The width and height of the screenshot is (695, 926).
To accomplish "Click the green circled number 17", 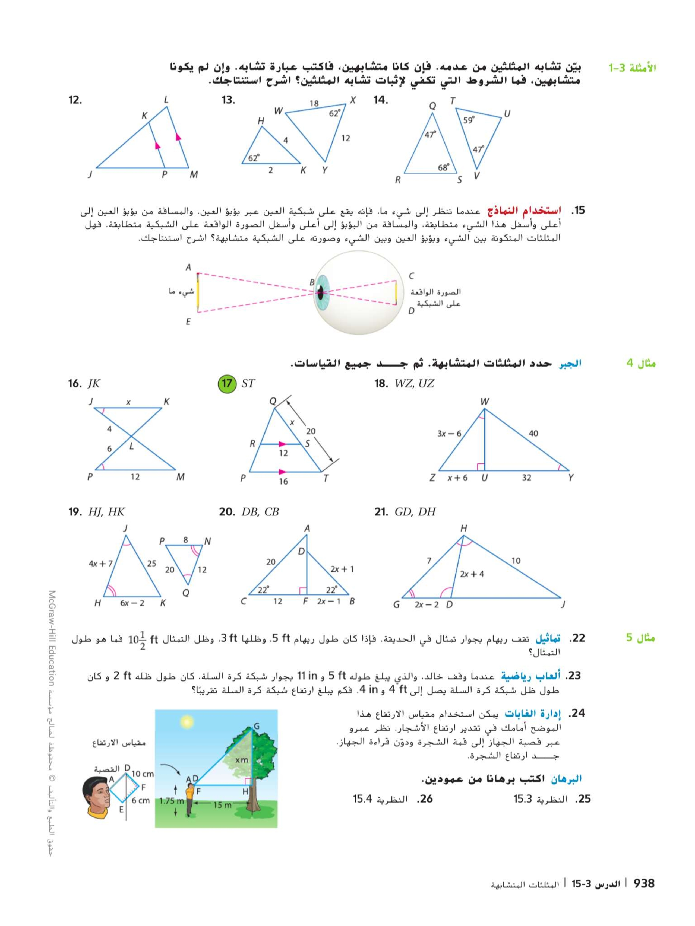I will [227, 383].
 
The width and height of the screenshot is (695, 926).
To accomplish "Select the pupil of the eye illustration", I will [320, 292].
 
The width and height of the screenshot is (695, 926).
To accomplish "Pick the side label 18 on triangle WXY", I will [314, 103].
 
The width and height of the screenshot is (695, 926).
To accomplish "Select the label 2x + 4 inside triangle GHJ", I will [472, 574].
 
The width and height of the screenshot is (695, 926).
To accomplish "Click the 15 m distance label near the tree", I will [222, 805].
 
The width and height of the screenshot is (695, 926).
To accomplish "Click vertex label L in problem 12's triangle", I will [166, 100].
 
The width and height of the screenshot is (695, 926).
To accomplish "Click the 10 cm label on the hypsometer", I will [143, 774].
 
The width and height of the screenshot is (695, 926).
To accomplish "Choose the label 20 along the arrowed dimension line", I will [310, 431].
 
